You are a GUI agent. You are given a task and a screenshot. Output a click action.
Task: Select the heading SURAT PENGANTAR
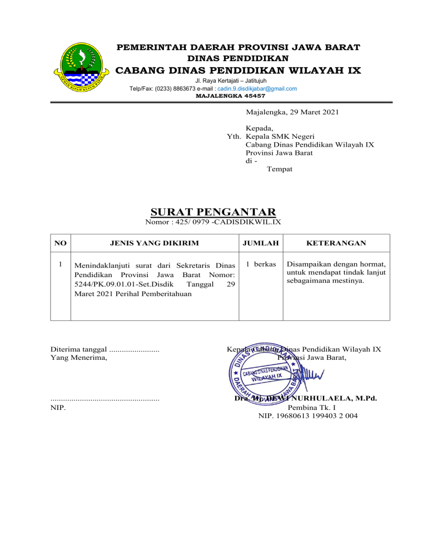point(213,212)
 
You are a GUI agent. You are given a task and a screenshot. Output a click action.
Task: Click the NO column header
point(61,243)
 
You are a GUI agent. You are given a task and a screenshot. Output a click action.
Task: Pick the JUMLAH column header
point(261,243)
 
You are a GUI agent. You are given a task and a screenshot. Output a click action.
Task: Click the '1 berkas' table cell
point(261,264)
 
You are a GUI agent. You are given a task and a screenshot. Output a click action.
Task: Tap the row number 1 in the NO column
point(61,264)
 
